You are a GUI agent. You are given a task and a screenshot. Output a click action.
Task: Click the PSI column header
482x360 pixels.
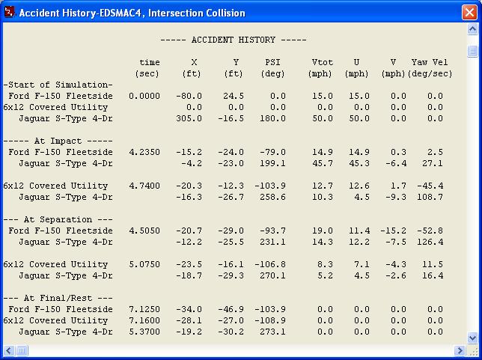coord(272,62)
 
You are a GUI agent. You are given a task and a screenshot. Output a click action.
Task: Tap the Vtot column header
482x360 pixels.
coord(320,62)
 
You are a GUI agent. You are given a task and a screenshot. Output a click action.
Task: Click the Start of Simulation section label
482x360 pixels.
coord(58,85)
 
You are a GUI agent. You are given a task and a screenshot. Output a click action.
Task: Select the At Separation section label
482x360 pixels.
coord(58,219)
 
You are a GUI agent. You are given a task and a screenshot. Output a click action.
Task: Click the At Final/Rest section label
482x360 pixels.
coord(58,298)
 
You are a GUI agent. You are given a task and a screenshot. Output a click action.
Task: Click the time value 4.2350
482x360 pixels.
coord(144,152)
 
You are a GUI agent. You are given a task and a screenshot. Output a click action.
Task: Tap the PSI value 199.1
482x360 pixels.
coord(272,163)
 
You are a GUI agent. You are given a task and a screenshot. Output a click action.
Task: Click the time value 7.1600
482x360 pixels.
coord(144,320)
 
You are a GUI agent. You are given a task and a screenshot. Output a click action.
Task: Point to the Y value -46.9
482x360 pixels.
coord(231,309)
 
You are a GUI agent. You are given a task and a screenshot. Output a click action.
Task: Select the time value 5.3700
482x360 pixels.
coord(144,332)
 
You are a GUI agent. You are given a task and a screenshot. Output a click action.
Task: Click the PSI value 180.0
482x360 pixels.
coord(272,118)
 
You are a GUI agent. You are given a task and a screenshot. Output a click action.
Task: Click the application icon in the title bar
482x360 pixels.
coord(9,13)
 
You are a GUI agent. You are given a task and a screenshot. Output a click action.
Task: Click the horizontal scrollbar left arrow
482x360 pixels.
coord(8,350)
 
